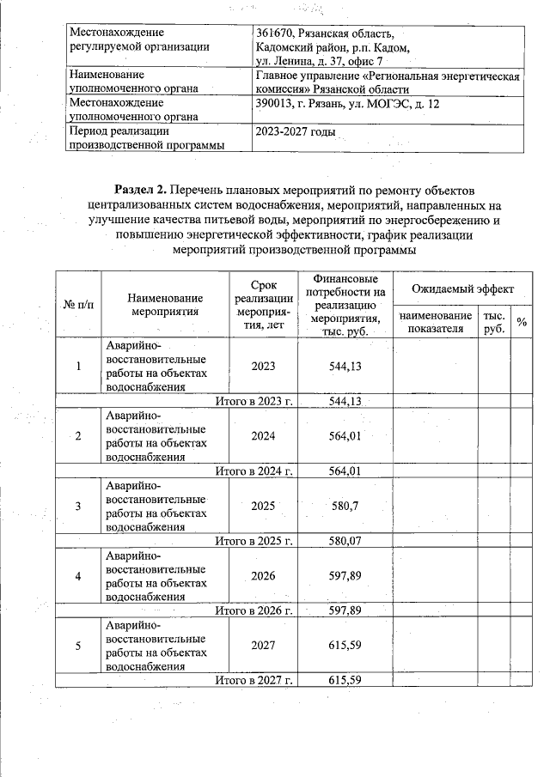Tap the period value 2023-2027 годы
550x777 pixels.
[x=295, y=132]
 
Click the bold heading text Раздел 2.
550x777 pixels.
[x=140, y=188]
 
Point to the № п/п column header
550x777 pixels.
[x=78, y=305]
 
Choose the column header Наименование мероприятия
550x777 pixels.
[x=165, y=305]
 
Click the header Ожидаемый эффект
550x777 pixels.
[x=461, y=290]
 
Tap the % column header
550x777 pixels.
[x=521, y=322]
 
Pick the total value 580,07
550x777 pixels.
[x=344, y=542]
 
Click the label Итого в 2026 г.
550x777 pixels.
[x=254, y=611]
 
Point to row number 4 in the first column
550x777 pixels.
[x=78, y=576]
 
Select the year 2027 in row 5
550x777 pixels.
[x=263, y=646]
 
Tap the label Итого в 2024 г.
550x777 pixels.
[x=254, y=470]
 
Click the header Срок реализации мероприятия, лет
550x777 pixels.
[x=263, y=305]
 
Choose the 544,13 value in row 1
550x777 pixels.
[x=344, y=366]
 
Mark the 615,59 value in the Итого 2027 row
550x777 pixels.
[x=344, y=681]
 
